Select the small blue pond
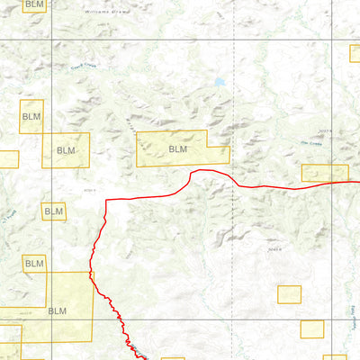pyautogui.click(x=219, y=83)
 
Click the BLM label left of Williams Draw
pyautogui.click(x=34, y=5)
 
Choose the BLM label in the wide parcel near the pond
pyautogui.click(x=178, y=148)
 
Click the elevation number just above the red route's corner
pyautogui.click(x=88, y=191)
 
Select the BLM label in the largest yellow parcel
pyautogui.click(x=57, y=310)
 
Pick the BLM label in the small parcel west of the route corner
pyautogui.click(x=54, y=211)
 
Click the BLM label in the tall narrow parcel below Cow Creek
pyautogui.click(x=31, y=117)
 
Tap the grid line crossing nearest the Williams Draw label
pyautogui.click(x=51, y=39)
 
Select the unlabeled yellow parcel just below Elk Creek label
pyautogui.click(x=325, y=173)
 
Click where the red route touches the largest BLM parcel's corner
pyautogui.click(x=92, y=272)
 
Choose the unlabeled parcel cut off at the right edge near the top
pyautogui.click(x=355, y=53)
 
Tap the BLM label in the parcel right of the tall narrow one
pyautogui.click(x=66, y=150)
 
